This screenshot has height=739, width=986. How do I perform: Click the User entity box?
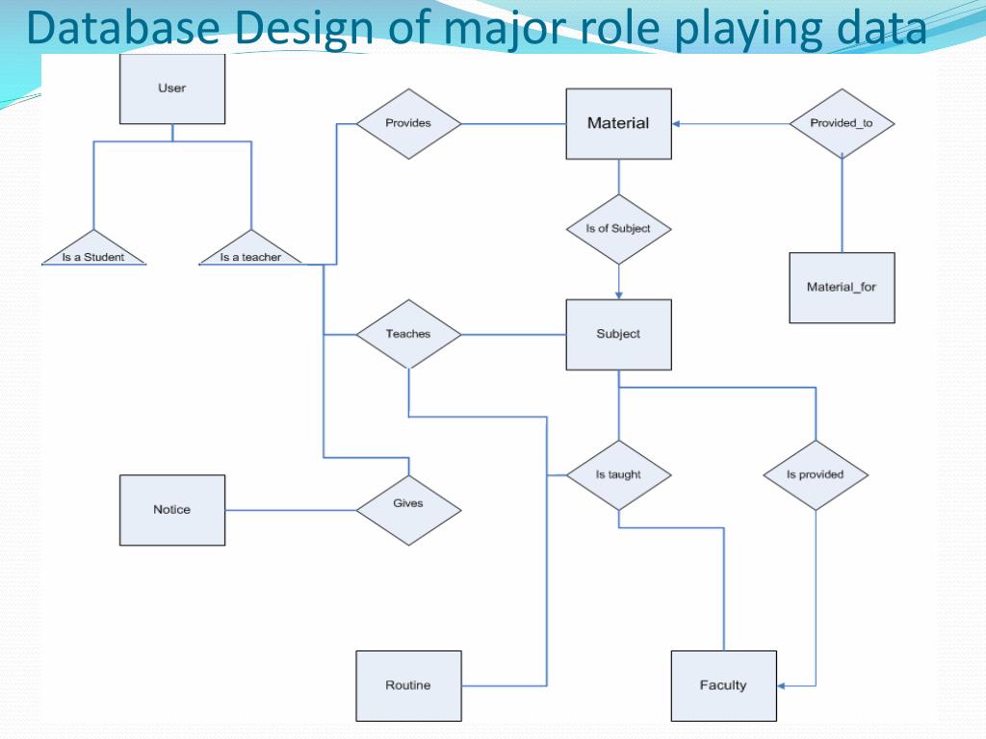[171, 89]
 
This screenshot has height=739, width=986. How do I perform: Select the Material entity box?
[618, 123]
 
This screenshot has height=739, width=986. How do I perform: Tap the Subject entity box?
[618, 334]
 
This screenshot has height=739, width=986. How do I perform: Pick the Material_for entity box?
[842, 287]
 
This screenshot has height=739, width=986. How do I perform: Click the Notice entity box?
[171, 510]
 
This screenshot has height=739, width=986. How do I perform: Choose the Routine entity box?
[408, 685]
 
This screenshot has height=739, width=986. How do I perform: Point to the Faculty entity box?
[723, 685]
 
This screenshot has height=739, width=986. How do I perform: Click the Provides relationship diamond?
[408, 123]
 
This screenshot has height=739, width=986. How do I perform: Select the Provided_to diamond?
[842, 123]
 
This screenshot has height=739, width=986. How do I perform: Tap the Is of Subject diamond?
[618, 229]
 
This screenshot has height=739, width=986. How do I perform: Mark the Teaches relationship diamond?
[408, 334]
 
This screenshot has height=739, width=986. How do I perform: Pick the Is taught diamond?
[618, 474]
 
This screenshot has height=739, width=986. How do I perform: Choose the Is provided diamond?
[816, 474]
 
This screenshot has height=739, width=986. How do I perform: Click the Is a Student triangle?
[93, 250]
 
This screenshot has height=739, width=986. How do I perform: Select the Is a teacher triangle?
[250, 250]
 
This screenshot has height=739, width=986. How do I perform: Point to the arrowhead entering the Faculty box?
[782, 685]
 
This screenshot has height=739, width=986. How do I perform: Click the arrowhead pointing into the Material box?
[677, 123]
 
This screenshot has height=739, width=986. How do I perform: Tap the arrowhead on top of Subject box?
[618, 294]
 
